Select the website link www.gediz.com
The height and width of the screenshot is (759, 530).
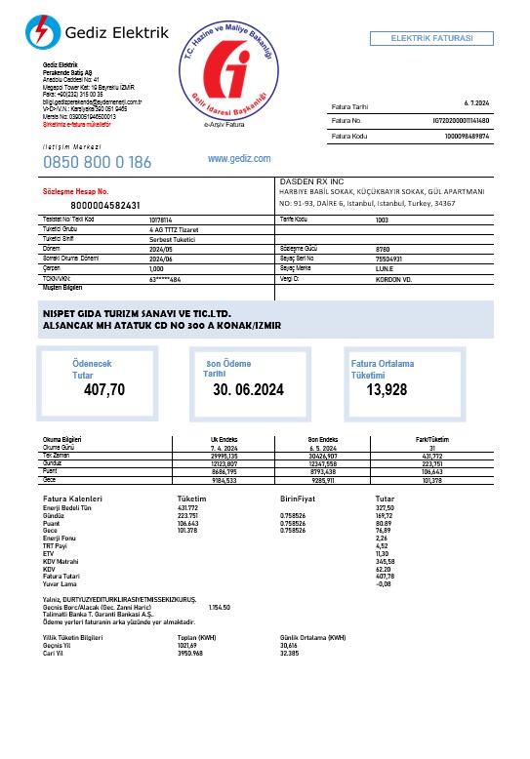(x=239, y=158)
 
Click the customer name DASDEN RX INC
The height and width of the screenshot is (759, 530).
(x=312, y=181)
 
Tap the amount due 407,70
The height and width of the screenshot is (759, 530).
(x=104, y=390)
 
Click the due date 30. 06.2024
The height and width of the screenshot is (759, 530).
(x=248, y=390)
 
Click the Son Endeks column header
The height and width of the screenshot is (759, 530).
(x=322, y=440)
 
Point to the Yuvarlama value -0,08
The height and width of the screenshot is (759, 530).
(x=384, y=583)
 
